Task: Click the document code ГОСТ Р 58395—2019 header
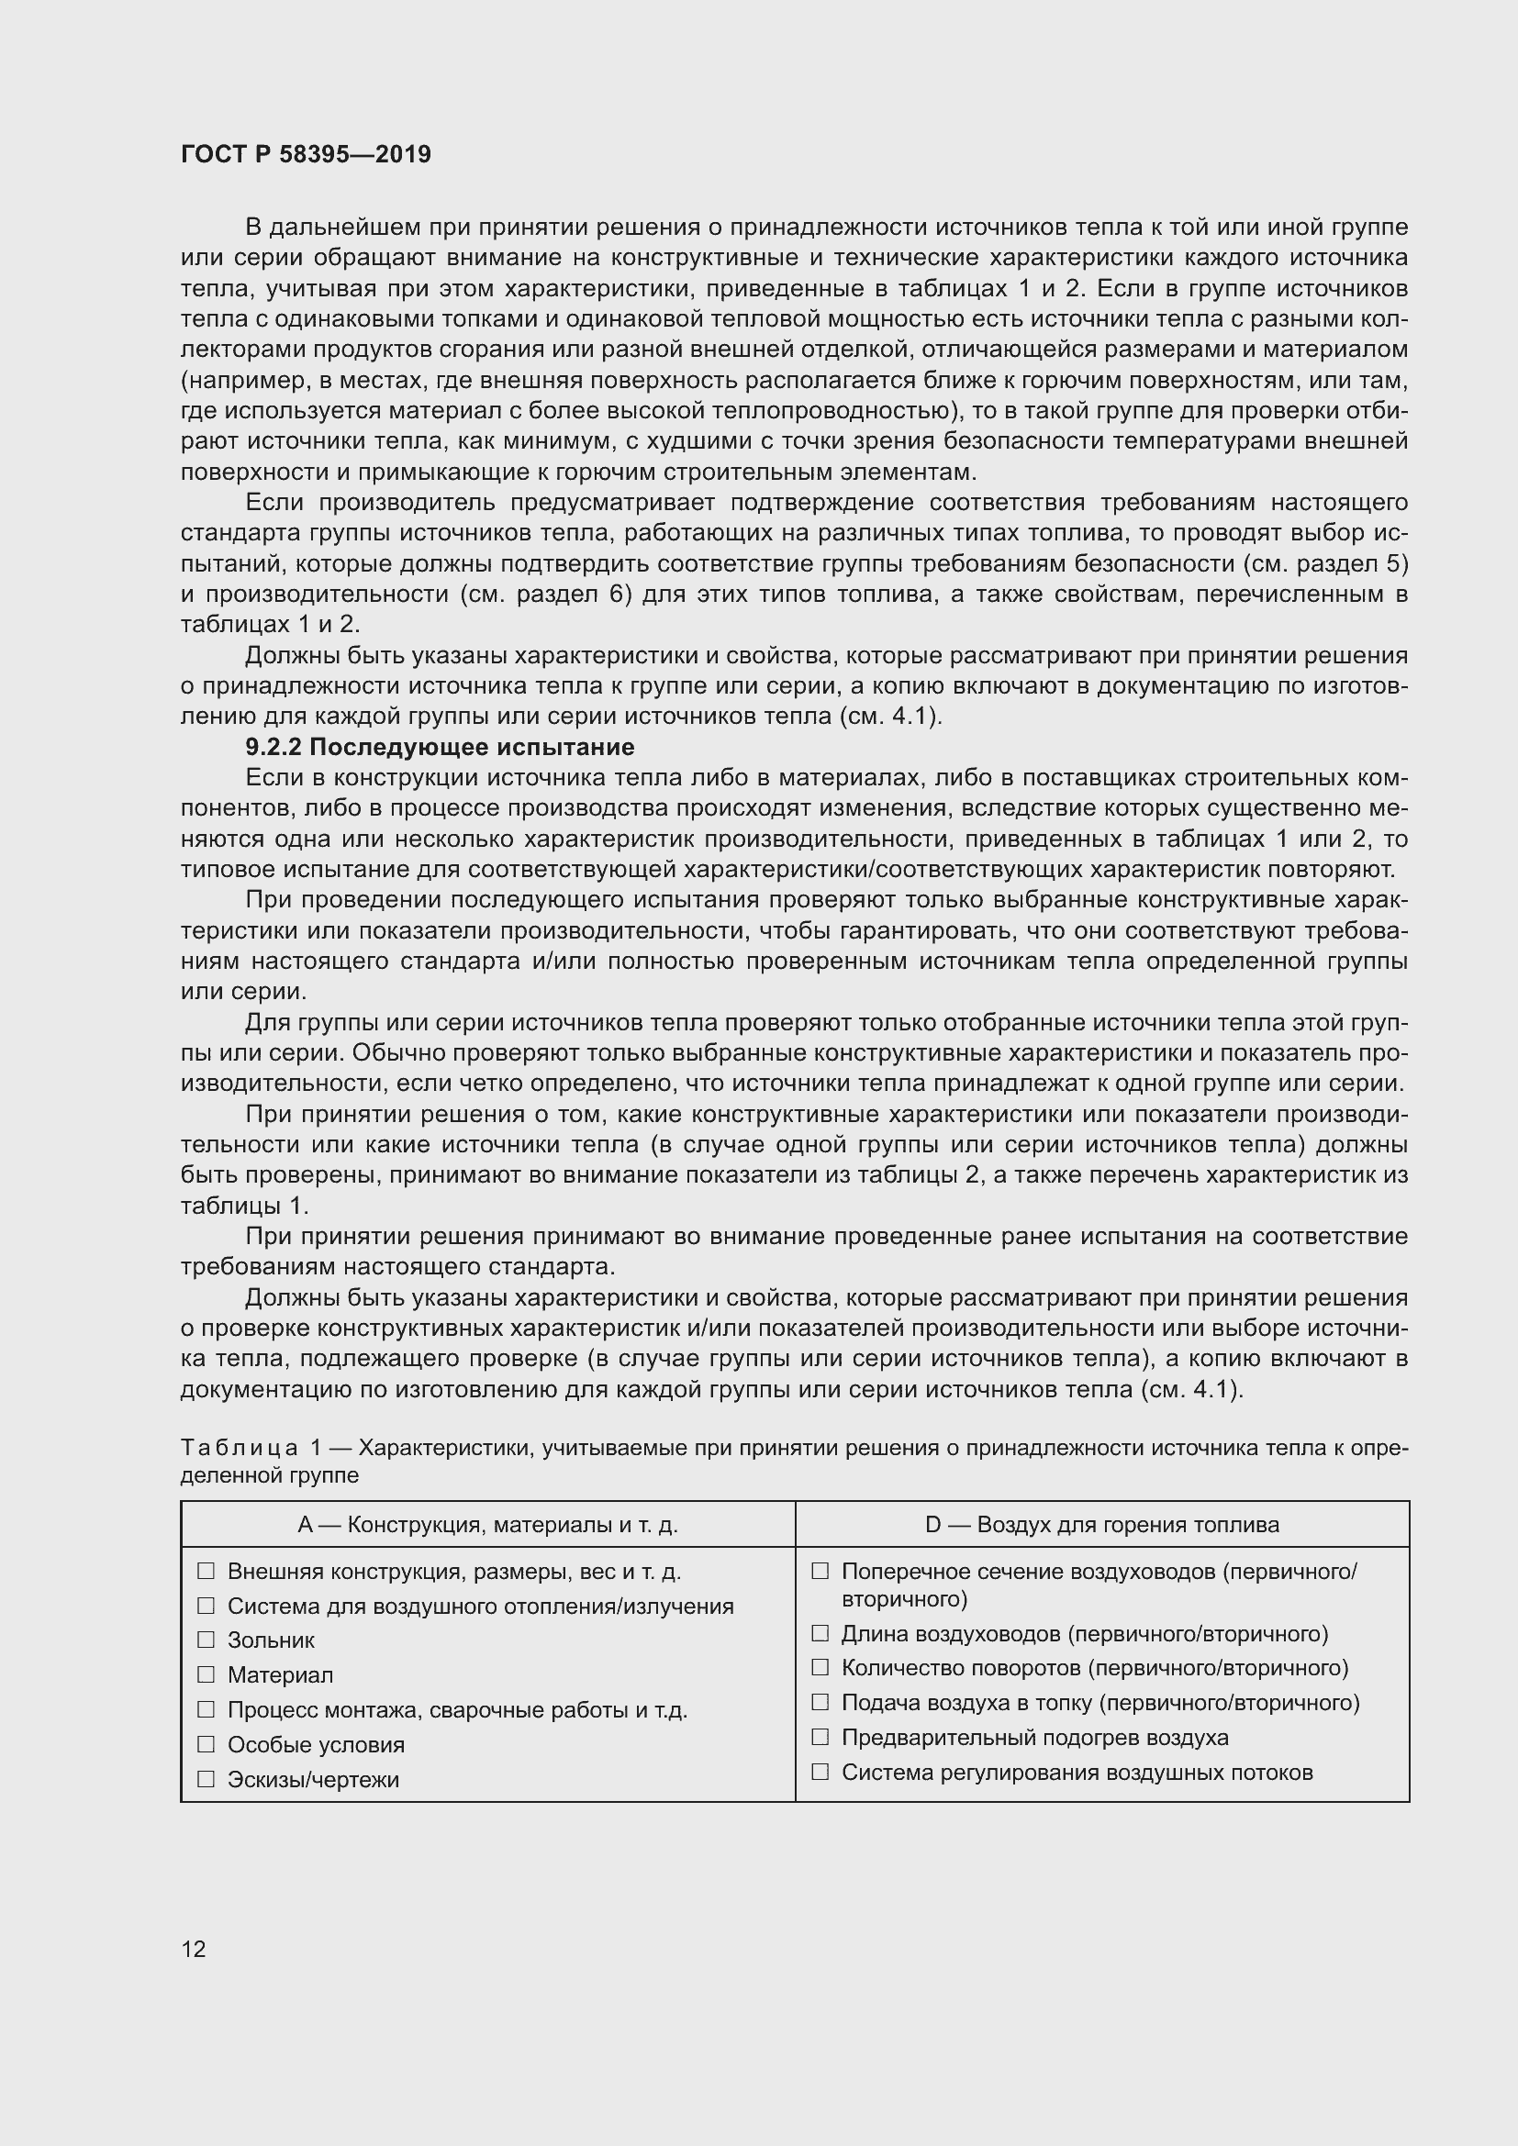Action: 306,154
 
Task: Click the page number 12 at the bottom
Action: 194,1949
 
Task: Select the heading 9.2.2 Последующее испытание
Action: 440,747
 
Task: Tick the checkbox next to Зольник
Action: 206,1640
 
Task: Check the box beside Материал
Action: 206,1674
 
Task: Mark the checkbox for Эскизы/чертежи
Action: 206,1779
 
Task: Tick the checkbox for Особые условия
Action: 206,1744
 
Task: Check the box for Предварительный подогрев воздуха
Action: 820,1737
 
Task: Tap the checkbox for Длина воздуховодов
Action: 820,1633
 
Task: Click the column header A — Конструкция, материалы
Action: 487,1525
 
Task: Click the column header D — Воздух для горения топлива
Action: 1101,1525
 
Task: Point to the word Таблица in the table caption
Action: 240,1448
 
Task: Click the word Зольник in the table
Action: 271,1640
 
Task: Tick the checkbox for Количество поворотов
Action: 820,1667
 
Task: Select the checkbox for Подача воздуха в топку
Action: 820,1702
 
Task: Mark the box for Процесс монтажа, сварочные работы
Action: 206,1709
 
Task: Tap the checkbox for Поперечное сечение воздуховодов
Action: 820,1571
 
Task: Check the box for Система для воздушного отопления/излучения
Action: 206,1606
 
